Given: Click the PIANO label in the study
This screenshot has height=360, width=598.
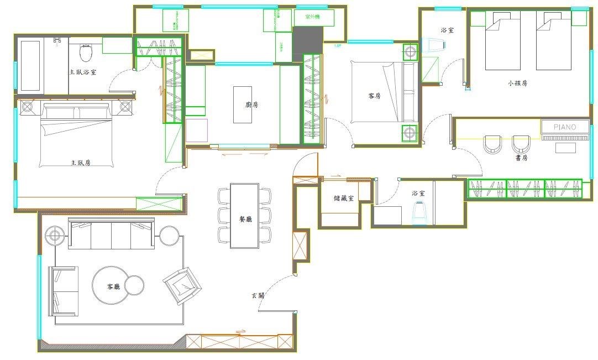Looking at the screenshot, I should pos(565,127).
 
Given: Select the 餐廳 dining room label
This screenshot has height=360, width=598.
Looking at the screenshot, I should pos(244,219).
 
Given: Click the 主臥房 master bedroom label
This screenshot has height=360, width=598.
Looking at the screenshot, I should pos(80,163).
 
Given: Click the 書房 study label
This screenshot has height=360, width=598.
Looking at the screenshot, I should pos(521,158).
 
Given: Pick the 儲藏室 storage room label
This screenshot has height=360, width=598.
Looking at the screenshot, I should pos(344,197).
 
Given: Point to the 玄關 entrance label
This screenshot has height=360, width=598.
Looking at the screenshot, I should pos(258,296).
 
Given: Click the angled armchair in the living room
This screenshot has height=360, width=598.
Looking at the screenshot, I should pos(182,285).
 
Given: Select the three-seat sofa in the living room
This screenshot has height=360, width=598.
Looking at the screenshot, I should pos(111,234).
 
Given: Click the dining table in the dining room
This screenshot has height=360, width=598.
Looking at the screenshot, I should pos(244,216).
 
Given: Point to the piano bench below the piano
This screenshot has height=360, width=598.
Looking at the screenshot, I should pos(565,147).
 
